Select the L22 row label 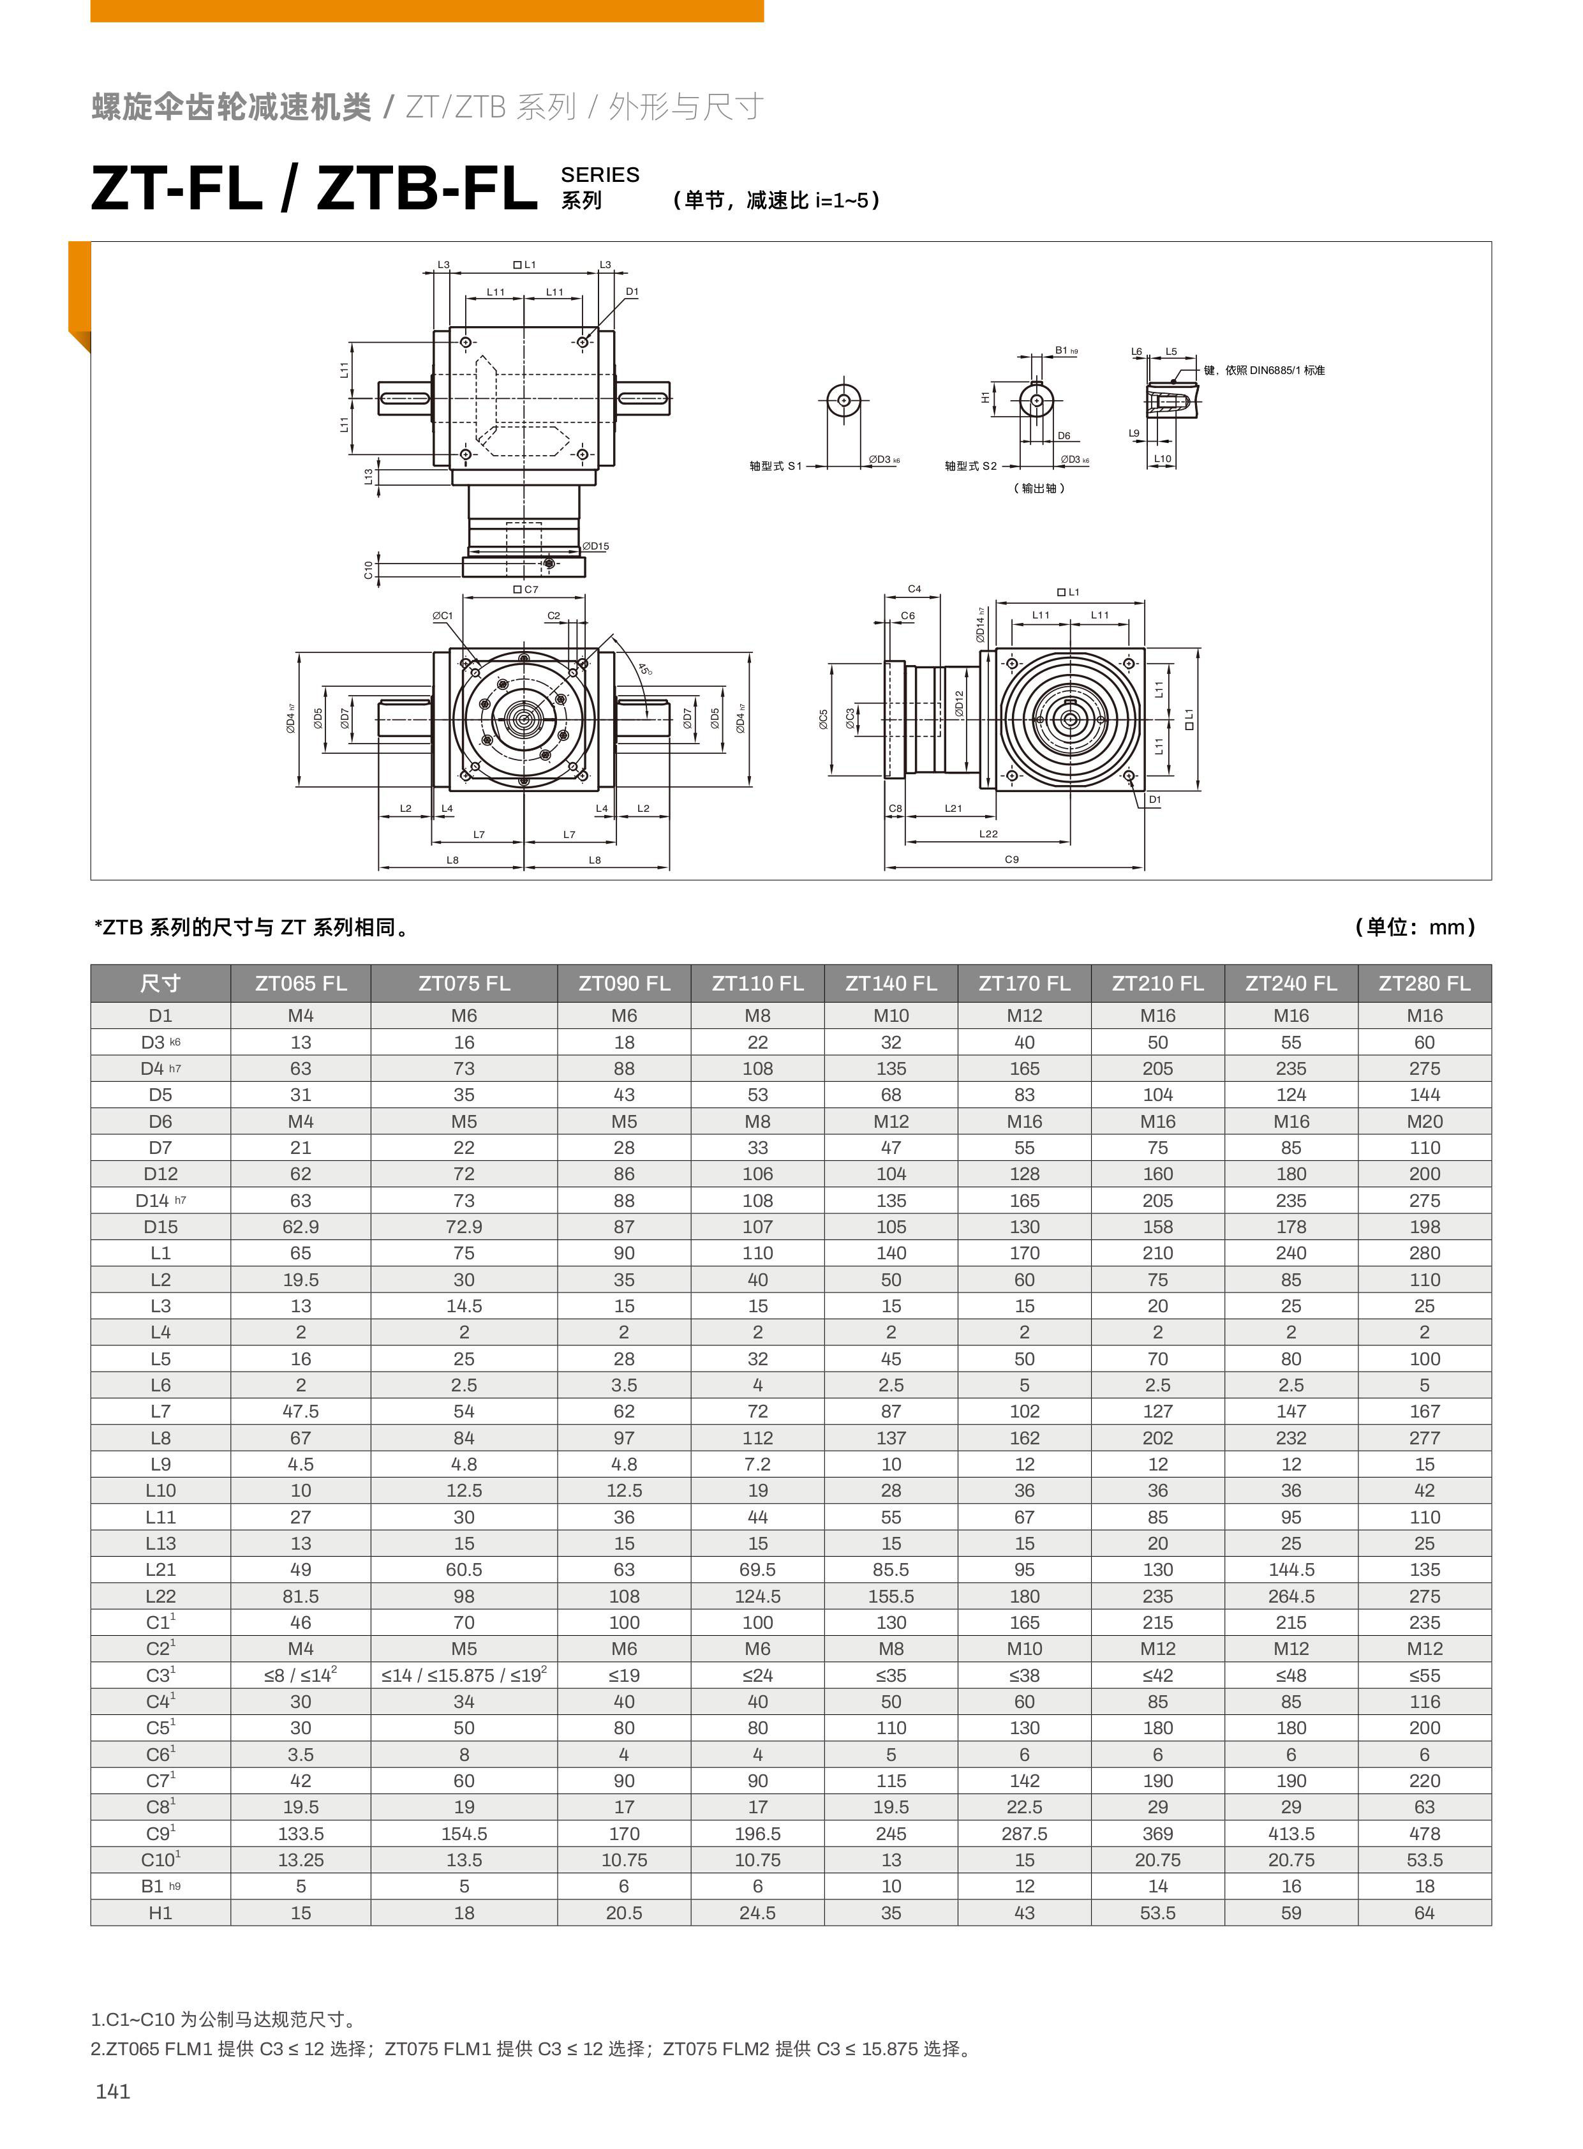[160, 1596]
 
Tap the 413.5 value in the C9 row [1291, 1834]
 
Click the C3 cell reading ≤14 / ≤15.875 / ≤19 [464, 1675]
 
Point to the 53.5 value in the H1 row [1157, 1913]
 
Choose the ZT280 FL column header [1424, 984]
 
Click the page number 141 [113, 2092]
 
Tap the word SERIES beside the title [600, 174]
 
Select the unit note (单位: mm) [1415, 927]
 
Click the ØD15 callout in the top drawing [596, 546]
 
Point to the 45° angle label [645, 668]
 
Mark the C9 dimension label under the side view [1012, 860]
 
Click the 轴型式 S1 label [775, 466]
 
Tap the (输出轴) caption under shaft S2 [1039, 488]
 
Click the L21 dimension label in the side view [953, 808]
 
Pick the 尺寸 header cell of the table [160, 984]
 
